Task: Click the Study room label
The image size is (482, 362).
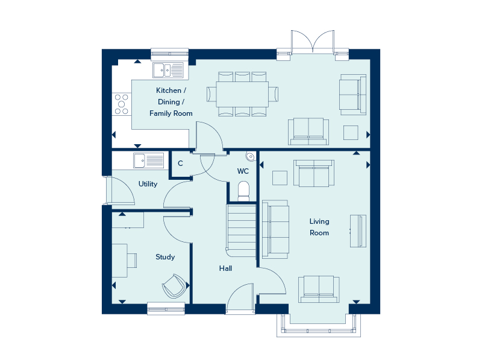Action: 165,257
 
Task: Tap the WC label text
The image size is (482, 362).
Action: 243,171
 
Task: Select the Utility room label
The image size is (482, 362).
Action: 148,184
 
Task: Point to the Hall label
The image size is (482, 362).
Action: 226,268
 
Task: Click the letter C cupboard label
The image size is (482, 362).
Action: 180,163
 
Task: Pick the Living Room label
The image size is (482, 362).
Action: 319,227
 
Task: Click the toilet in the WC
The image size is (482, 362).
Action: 243,191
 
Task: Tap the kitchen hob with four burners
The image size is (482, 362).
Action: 121,104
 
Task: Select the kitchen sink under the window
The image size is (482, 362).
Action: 168,70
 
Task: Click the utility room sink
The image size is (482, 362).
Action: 148,160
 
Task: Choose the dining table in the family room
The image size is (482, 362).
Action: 242,94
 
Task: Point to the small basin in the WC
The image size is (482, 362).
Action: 250,155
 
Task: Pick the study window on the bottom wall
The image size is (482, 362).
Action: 166,310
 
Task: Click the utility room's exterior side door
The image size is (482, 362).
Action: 119,191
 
